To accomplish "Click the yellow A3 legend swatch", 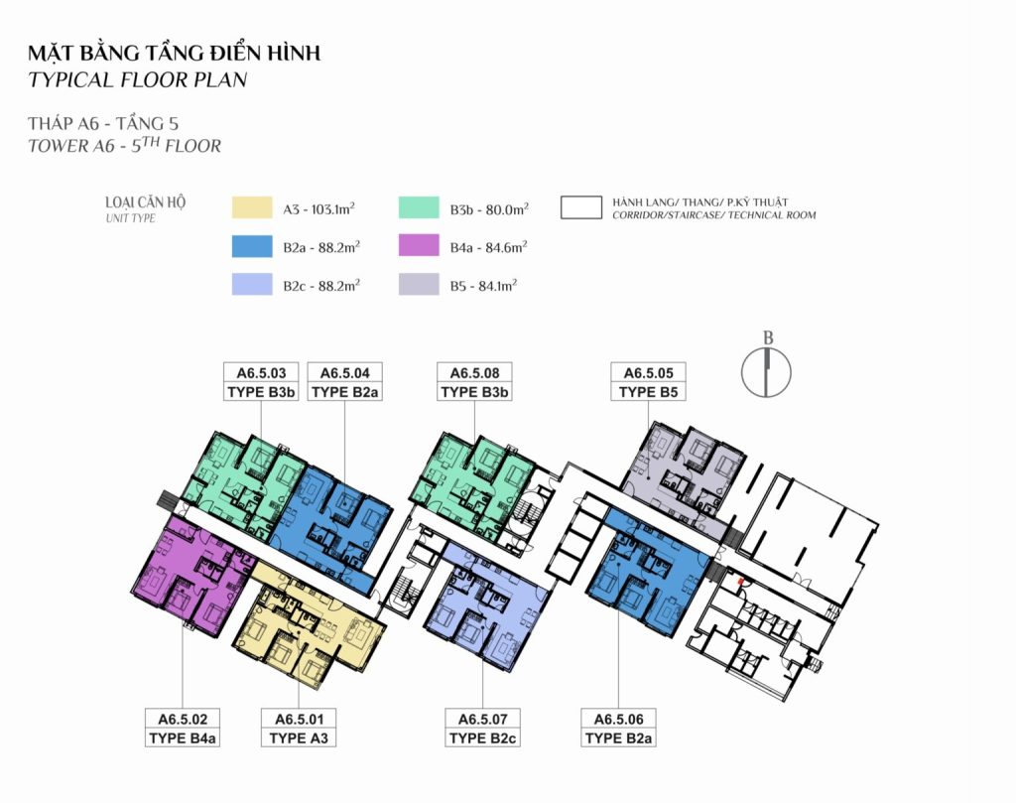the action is pos(252,208).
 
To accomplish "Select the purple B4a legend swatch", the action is pos(419,246).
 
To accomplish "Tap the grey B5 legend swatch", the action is pos(419,285).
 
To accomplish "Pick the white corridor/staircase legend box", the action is pos(581,208).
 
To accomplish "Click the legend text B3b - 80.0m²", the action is pos(489,209).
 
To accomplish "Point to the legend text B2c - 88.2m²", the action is pos(321,286).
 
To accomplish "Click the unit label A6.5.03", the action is pos(261,372).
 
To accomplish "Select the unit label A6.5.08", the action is pos(474,372).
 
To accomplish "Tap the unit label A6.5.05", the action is pos(648,372).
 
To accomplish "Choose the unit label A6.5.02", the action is pos(183,719).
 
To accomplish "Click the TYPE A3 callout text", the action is pos(299,737).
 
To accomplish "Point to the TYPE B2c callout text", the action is pos(483,737).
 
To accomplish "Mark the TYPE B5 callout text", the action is pos(648,391).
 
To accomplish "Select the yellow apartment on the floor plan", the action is pos(311,625).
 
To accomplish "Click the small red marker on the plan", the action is pos(740,583).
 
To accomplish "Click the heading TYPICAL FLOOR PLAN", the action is pos(137,79).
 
